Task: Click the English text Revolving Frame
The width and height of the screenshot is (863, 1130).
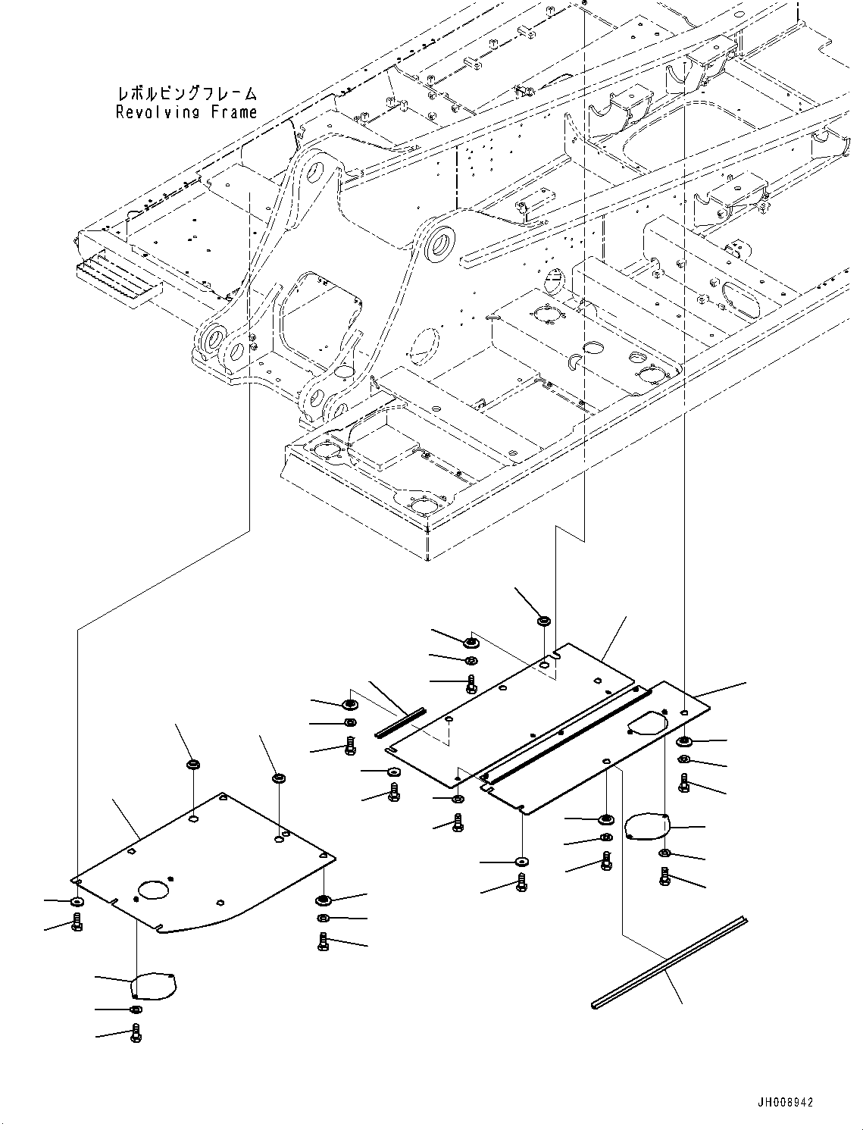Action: [x=186, y=112]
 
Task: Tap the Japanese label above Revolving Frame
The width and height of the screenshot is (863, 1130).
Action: [x=186, y=94]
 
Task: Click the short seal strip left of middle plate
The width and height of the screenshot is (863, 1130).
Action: [x=401, y=722]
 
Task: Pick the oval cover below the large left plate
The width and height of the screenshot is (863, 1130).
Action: [x=153, y=986]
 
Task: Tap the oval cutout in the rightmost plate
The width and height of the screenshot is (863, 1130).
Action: [x=646, y=723]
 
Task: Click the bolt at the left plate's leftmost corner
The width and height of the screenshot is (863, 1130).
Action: [x=77, y=923]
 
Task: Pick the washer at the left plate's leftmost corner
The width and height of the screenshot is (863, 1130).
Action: [x=77, y=902]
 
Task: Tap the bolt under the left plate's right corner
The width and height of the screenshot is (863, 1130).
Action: [x=324, y=941]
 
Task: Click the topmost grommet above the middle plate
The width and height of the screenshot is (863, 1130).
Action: [x=543, y=621]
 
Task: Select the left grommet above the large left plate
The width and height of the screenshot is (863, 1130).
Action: [x=193, y=763]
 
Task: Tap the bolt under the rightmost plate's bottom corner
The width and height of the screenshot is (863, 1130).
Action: [x=522, y=881]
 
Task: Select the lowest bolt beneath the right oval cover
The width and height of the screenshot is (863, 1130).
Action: [x=665, y=877]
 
